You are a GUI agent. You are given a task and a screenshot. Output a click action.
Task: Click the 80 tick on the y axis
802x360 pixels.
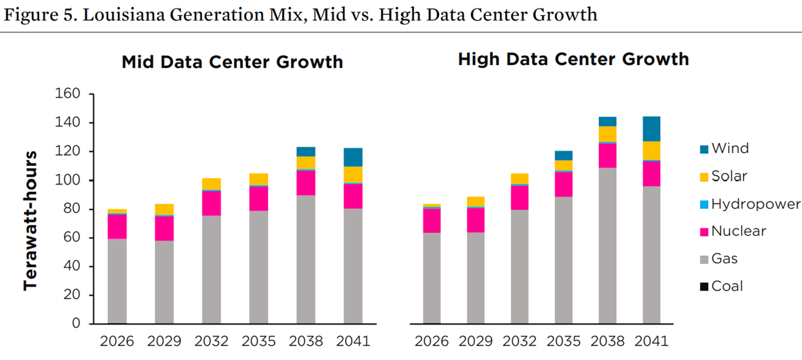tap(71, 209)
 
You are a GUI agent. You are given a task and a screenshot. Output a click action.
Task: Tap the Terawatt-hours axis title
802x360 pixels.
tap(30, 221)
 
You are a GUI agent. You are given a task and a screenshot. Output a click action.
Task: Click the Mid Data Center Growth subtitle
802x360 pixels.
tap(232, 62)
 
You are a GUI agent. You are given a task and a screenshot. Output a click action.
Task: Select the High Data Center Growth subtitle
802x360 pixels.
tap(573, 60)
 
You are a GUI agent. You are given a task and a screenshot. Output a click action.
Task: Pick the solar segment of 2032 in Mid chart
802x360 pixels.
tap(211, 183)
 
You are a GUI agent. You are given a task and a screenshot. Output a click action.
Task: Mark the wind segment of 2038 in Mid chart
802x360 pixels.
tap(306, 152)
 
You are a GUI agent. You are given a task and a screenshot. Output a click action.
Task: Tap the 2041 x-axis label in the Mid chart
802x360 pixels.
tap(353, 340)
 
